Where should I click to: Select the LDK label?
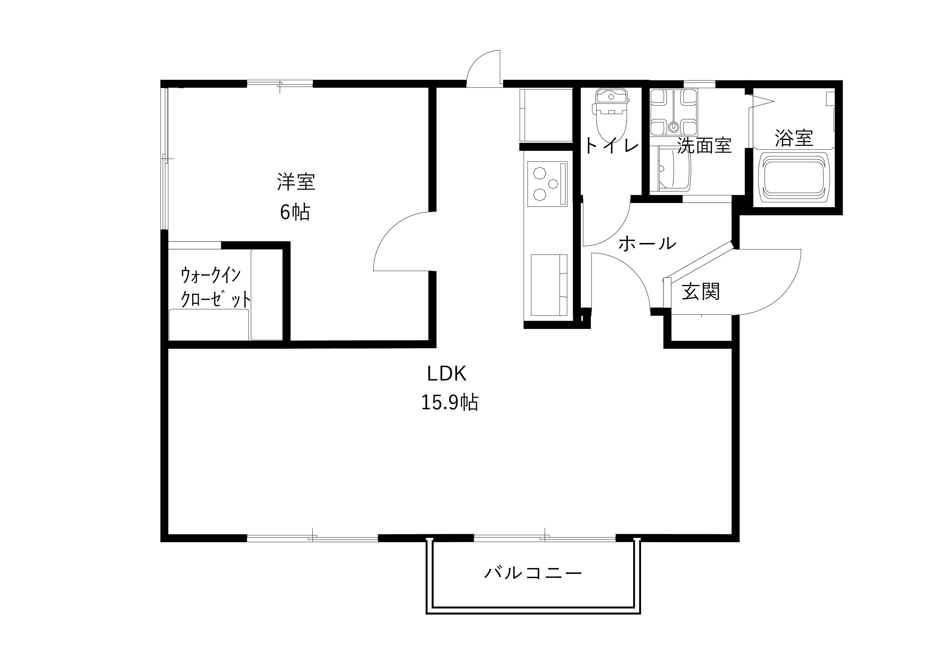pos(447,374)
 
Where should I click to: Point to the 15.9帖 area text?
pos(450,402)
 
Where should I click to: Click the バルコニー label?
pos(533,573)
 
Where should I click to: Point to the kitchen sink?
pos(548,285)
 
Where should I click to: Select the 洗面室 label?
pos(704,145)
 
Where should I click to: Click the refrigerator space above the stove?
pos(546,115)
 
